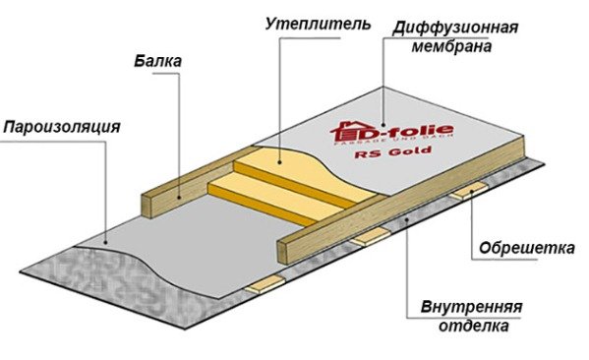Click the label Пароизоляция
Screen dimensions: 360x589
pos(61,127)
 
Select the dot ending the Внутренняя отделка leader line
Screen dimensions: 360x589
pos(404,223)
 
